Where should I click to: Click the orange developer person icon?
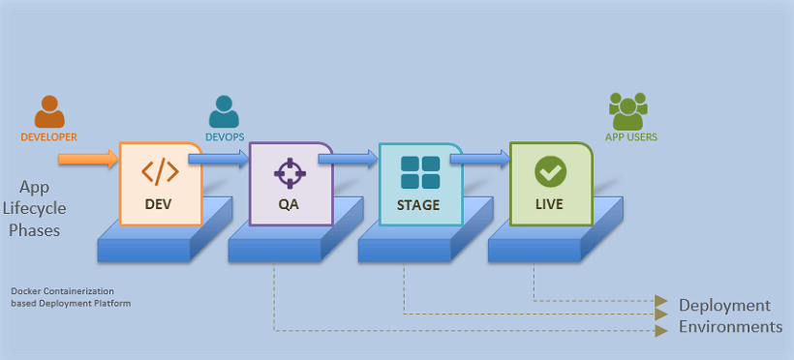point(48,111)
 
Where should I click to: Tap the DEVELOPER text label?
point(48,137)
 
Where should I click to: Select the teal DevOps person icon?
point(224,111)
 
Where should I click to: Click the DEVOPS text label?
point(224,137)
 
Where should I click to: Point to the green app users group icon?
point(629,112)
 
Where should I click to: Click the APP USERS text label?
point(630,137)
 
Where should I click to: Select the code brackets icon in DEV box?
point(160,172)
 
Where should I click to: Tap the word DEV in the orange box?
point(160,205)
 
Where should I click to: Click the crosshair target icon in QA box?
point(290,172)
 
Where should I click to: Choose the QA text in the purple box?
point(290,205)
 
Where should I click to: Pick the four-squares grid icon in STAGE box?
point(420,172)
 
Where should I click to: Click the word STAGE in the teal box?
point(418,205)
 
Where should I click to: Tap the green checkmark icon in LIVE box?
point(550,172)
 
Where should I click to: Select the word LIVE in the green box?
point(550,205)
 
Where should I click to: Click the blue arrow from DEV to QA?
point(219,158)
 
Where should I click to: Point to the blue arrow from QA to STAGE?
point(354,156)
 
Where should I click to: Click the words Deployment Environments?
point(729,316)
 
